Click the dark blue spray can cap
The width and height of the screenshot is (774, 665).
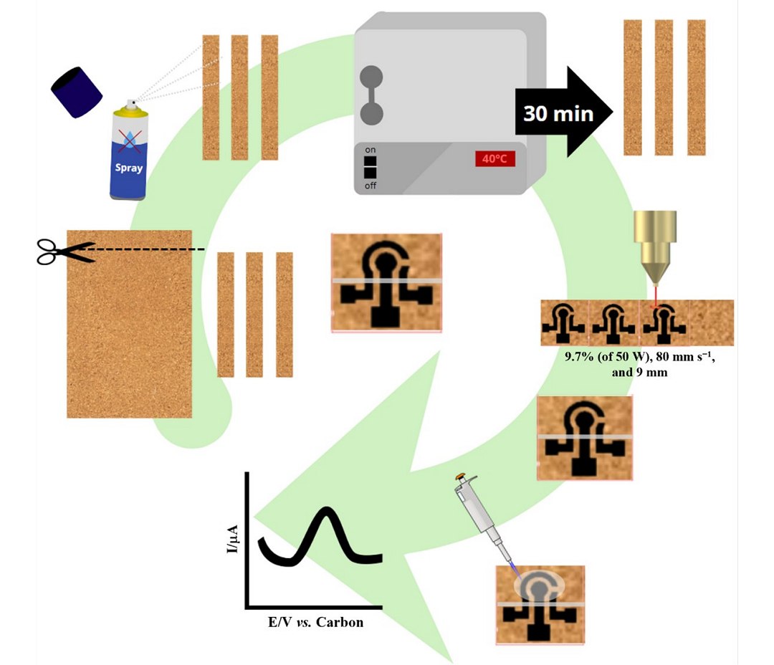point(77,92)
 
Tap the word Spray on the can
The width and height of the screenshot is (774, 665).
point(129,168)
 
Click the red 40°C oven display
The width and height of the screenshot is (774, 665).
point(494,158)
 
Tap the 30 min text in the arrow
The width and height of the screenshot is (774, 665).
point(558,113)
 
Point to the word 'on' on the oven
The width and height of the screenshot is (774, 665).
point(371,150)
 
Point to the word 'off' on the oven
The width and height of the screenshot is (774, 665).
point(371,186)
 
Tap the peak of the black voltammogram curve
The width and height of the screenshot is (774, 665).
point(328,510)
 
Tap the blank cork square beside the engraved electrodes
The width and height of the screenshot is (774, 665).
point(711,322)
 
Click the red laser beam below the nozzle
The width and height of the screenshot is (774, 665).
point(654,295)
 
